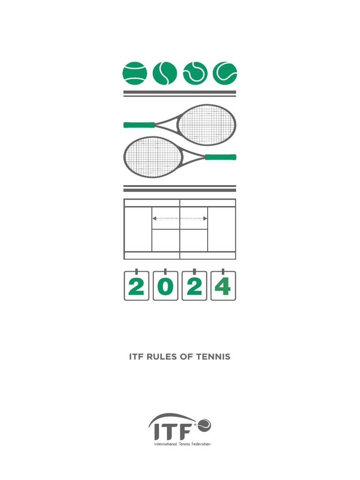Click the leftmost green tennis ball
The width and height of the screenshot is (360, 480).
pos(135,73)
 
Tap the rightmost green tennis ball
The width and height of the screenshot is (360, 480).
pos(225,73)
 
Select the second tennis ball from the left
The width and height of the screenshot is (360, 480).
pos(165,73)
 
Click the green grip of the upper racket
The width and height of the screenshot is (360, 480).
pos(139,125)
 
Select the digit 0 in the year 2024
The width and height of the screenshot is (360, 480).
pos(165,286)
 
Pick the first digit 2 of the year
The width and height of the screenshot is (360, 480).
pos(136,286)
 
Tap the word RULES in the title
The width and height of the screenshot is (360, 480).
pos(161,357)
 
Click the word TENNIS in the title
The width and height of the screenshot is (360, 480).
pos(213,357)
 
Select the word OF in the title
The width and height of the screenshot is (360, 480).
pos(186,357)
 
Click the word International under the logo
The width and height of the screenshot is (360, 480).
pos(165,444)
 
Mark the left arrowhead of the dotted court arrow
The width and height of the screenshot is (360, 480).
pos(154,218)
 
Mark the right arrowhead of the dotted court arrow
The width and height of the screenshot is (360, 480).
pos(206,218)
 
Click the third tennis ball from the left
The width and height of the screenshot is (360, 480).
pos(195,73)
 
